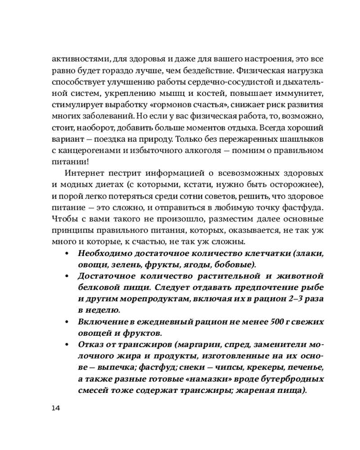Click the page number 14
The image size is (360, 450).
(x=56, y=408)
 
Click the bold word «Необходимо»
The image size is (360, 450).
(x=104, y=253)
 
